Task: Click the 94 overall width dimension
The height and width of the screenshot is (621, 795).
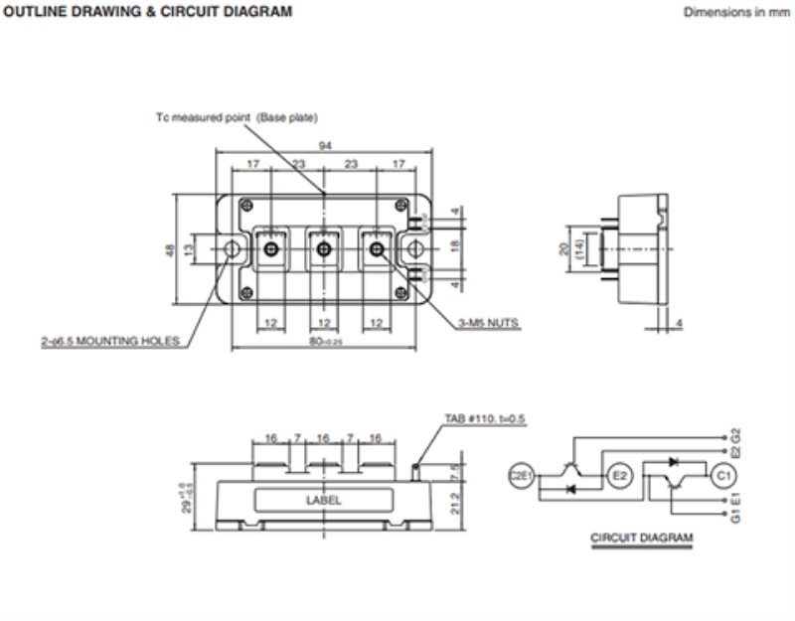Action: click(x=324, y=146)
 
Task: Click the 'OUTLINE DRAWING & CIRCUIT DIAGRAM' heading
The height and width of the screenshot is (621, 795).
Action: click(x=149, y=13)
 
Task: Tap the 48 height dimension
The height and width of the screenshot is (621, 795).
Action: click(x=169, y=250)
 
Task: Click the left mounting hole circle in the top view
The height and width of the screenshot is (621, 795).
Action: click(x=233, y=249)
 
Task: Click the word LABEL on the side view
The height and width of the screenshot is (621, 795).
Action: click(x=323, y=500)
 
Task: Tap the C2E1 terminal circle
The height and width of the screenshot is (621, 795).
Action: click(x=522, y=477)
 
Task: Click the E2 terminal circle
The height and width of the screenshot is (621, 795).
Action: click(x=618, y=477)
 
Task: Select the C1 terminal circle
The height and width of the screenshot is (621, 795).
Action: click(x=723, y=477)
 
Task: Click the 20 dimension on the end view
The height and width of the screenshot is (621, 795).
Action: click(x=562, y=249)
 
